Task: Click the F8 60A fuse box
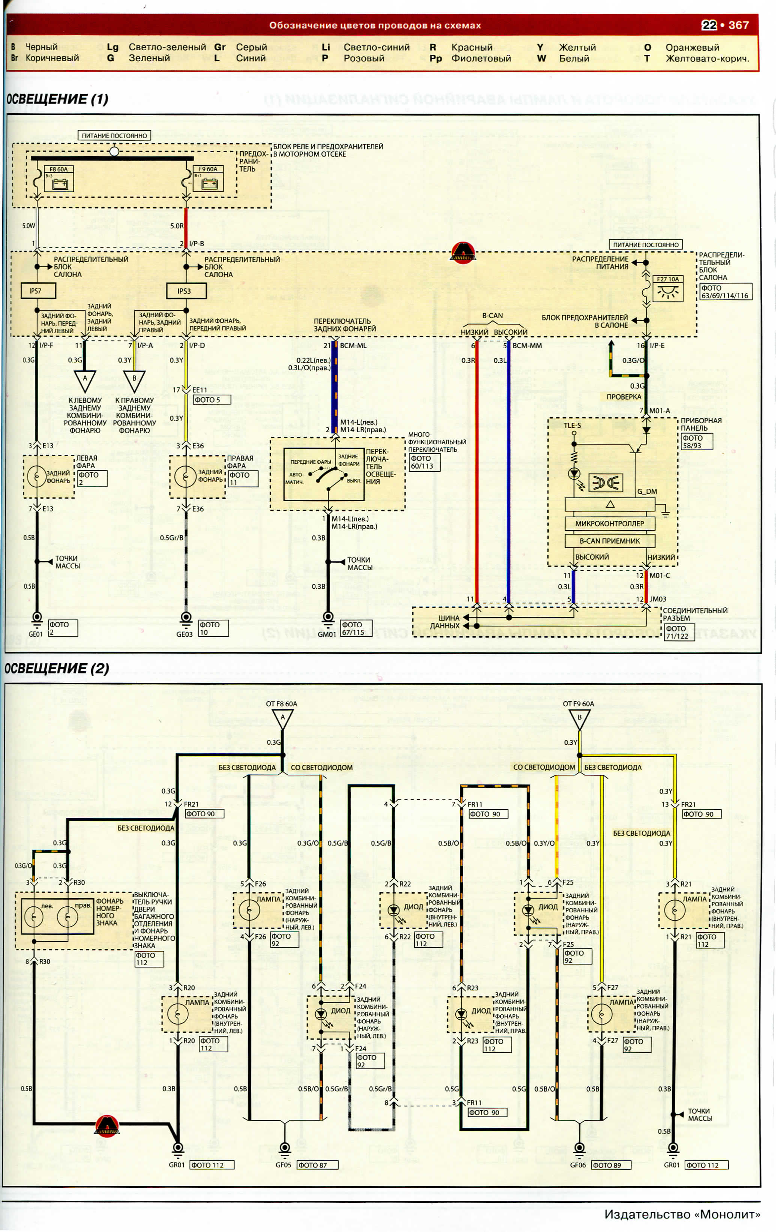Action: (x=59, y=179)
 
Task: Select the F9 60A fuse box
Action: (x=208, y=179)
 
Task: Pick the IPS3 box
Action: (x=186, y=291)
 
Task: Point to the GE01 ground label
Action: (x=35, y=634)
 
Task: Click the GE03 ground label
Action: (x=184, y=634)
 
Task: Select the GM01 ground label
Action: (x=326, y=634)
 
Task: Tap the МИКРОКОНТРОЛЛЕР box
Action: (x=609, y=523)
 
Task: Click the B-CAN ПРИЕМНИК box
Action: (x=609, y=541)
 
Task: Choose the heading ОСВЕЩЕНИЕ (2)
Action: (x=56, y=668)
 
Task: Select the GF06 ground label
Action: (x=578, y=1165)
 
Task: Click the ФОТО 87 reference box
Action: (x=317, y=1165)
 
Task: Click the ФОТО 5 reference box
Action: (x=211, y=400)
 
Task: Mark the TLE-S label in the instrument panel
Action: (x=572, y=425)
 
